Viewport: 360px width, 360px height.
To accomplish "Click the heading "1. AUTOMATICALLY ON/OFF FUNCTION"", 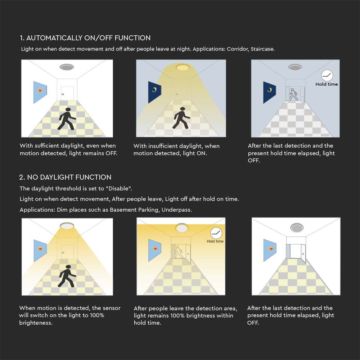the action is (x=85, y=38).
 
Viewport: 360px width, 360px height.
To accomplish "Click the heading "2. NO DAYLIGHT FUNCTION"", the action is (x=65, y=177).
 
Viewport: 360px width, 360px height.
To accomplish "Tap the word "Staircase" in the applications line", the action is (x=262, y=49).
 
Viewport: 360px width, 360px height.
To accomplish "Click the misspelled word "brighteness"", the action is (x=35, y=323).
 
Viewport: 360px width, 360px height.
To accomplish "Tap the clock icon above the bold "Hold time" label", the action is (x=327, y=75).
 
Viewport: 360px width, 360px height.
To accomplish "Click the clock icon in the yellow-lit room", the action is (x=216, y=233).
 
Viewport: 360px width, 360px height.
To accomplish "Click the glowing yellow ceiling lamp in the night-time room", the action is (x=183, y=67).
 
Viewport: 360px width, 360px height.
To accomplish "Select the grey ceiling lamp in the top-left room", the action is (x=67, y=67).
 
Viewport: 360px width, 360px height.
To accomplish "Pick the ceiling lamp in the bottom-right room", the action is (x=297, y=228).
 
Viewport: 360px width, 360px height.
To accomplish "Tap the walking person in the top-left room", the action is (x=67, y=119).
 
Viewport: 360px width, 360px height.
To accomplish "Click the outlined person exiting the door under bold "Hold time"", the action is (x=293, y=94).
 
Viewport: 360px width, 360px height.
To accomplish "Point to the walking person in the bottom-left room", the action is (x=67, y=276).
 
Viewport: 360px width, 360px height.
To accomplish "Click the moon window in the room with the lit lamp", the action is (x=154, y=92).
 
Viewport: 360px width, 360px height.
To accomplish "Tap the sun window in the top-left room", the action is (x=40, y=92).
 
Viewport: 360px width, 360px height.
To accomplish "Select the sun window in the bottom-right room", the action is (x=270, y=250).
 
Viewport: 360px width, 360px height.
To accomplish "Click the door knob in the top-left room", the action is (x=63, y=94).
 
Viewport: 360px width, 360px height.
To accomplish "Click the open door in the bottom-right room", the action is (x=303, y=253).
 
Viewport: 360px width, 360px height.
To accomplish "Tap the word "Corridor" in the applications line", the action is (x=238, y=49).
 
